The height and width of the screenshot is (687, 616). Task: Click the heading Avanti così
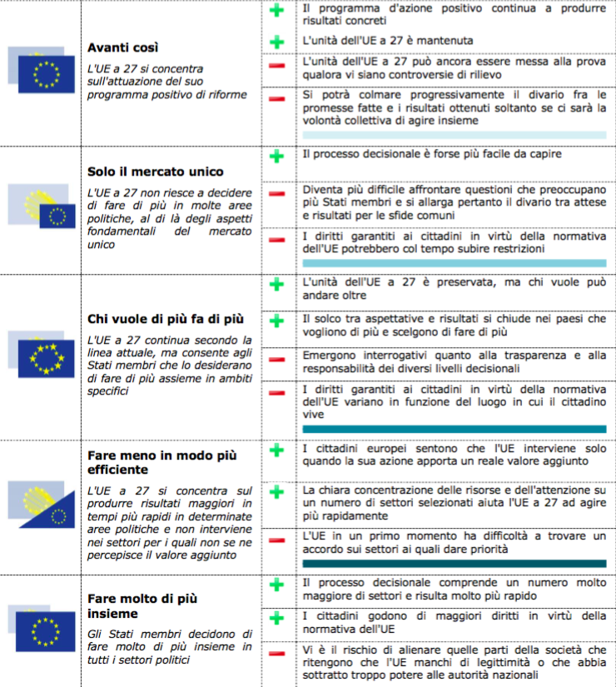click(123, 47)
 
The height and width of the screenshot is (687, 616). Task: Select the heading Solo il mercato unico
click(156, 172)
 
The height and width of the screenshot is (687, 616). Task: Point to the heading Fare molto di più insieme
click(142, 606)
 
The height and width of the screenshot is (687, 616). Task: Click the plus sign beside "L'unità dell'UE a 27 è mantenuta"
click(276, 41)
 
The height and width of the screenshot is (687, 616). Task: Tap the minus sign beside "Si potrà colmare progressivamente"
click(276, 99)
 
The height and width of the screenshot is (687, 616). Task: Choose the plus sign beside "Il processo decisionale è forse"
click(276, 156)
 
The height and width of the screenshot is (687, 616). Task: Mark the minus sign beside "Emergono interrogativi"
click(276, 359)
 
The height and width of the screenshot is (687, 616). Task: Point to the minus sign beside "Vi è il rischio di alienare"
click(276, 649)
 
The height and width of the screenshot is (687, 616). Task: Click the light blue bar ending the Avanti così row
click(454, 134)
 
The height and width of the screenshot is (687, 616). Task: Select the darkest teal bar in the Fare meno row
click(454, 564)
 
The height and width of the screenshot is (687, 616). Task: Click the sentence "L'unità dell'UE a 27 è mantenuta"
click(387, 41)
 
